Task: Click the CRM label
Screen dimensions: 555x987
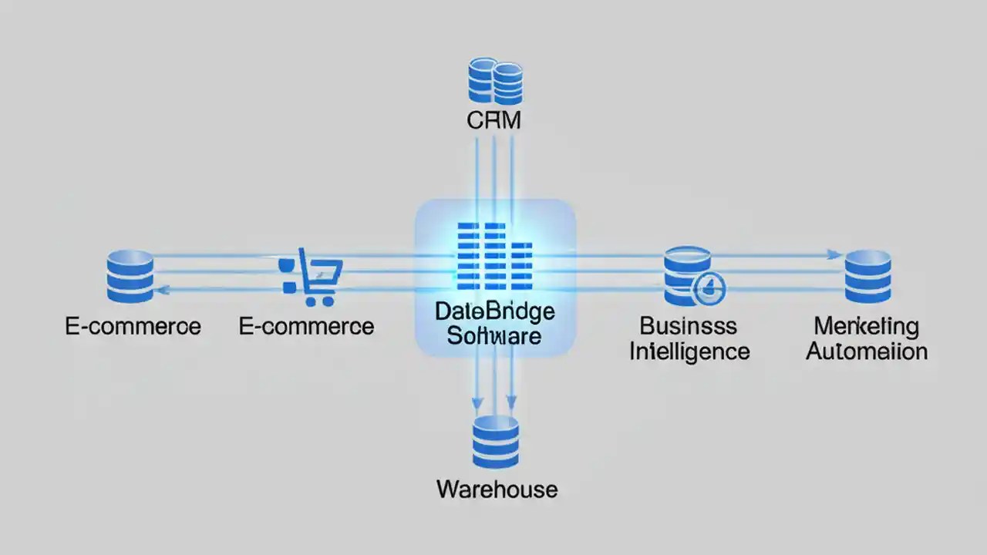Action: click(x=493, y=120)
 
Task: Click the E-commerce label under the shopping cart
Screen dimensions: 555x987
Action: click(x=306, y=326)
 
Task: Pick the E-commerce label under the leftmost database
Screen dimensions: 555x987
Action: click(x=133, y=326)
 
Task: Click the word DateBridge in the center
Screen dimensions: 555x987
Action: click(x=494, y=311)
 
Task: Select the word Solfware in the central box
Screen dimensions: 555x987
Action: click(x=494, y=336)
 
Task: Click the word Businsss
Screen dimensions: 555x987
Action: click(x=689, y=326)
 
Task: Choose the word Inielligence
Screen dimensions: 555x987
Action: click(x=689, y=351)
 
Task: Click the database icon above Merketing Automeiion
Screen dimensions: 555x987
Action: click(x=867, y=276)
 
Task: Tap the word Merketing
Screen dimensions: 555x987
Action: click(x=867, y=326)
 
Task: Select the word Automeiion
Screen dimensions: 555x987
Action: click(x=867, y=351)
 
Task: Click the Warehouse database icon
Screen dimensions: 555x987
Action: click(x=496, y=442)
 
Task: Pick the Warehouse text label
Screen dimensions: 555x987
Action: click(x=497, y=489)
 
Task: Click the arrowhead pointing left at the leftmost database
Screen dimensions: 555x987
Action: click(x=161, y=289)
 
